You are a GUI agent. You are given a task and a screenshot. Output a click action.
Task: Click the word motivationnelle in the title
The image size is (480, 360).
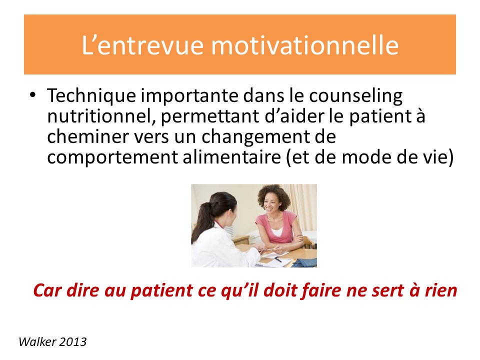tap(304, 45)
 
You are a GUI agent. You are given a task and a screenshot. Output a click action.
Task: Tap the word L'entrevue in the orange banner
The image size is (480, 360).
tap(142, 45)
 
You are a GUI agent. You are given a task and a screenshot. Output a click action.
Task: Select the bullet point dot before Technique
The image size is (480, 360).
tap(33, 94)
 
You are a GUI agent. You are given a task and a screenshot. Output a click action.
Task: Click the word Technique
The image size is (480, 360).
tap(91, 95)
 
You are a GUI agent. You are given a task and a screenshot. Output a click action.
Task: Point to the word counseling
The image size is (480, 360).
tap(355, 96)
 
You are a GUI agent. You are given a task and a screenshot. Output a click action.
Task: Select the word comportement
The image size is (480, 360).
tap(112, 157)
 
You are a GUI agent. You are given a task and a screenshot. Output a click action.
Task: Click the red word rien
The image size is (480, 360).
tap(441, 290)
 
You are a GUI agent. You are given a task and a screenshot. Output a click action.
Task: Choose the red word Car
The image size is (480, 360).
tap(47, 290)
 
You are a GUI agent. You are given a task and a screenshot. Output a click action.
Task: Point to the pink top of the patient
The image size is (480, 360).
tap(275, 227)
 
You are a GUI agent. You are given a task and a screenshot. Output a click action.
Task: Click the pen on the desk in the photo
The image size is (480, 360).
tap(278, 259)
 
